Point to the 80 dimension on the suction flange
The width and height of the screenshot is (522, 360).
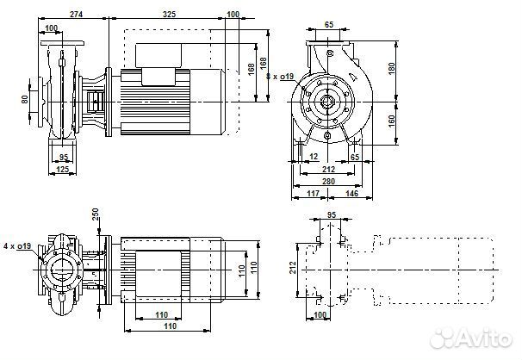(25, 98)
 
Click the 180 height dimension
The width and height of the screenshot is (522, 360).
(391, 67)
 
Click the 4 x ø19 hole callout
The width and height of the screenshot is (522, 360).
(16, 247)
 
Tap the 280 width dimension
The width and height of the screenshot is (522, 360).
(328, 182)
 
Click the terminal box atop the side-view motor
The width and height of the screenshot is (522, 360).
(161, 72)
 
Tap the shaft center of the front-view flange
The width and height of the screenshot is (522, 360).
(328, 101)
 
